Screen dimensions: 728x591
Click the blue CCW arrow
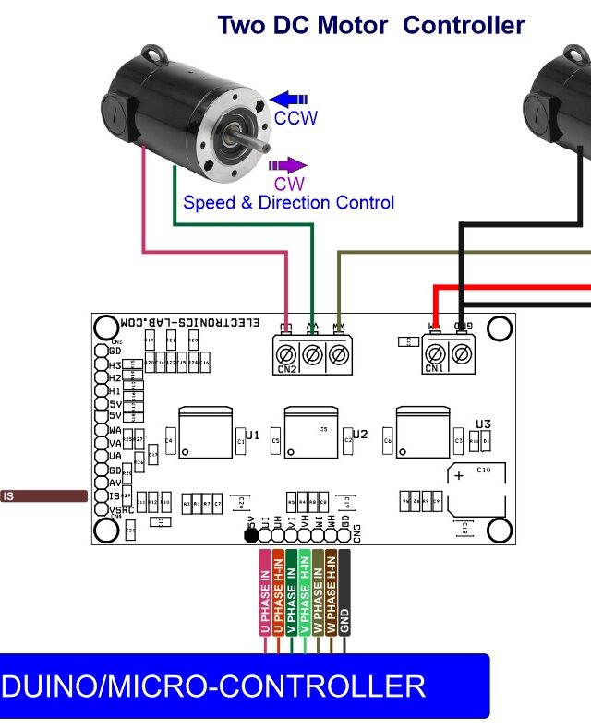[x=288, y=99]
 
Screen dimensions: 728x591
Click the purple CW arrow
[x=287, y=165]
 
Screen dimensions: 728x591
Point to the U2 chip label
[x=359, y=434]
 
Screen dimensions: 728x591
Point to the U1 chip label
[x=252, y=434]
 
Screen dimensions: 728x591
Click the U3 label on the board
[x=483, y=424]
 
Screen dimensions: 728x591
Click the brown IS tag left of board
[x=43, y=496]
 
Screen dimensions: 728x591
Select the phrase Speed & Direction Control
[x=288, y=202]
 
